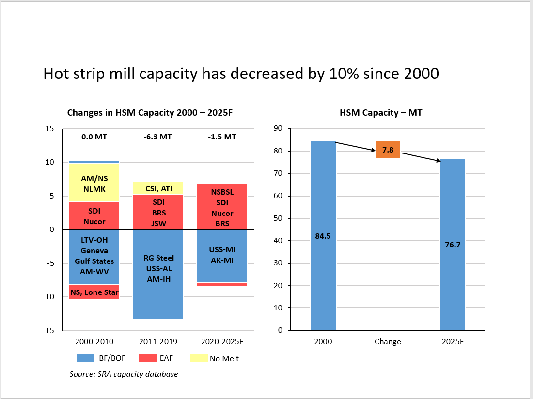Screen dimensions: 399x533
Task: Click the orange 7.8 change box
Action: pos(388,150)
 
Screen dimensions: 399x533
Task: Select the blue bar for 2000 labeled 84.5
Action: pos(323,236)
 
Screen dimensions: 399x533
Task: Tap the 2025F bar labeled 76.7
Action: pos(453,245)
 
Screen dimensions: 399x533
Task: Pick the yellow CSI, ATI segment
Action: pos(158,188)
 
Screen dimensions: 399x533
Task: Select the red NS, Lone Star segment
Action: pos(94,292)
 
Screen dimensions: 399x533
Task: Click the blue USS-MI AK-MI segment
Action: pos(222,256)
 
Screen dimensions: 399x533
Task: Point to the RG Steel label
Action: pos(158,258)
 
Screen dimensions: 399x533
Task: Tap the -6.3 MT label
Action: pos(158,137)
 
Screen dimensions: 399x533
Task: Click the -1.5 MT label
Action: pos(222,137)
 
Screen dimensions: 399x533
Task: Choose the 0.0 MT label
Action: pos(94,137)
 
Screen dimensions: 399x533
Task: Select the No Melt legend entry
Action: pos(224,358)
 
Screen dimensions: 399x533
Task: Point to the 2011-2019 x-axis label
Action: pos(158,341)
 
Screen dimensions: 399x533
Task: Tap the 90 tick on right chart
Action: pos(279,128)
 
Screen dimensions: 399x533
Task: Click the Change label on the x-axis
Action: pos(388,341)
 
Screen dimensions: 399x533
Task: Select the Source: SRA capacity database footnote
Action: pos(124,374)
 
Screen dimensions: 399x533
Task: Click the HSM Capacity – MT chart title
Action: pos(387,113)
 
